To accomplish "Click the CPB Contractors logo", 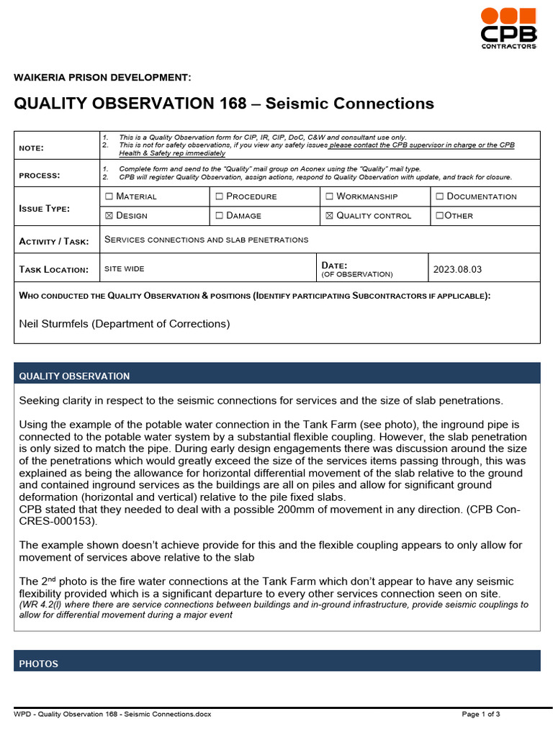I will [x=509, y=29].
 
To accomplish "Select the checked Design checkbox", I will [x=109, y=216].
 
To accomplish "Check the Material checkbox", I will [x=109, y=196].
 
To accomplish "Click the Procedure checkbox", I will [x=220, y=196].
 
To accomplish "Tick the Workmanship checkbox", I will [x=330, y=196].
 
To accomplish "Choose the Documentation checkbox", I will [x=440, y=196].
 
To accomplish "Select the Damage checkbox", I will [x=220, y=216].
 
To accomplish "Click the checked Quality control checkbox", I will [x=330, y=216].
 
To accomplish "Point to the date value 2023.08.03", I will [x=457, y=270].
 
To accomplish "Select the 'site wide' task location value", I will [x=125, y=269].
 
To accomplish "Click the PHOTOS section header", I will [x=39, y=664].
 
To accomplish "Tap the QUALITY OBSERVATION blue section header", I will [x=74, y=376].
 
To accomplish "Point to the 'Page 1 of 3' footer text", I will [x=480, y=714].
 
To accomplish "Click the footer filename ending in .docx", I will [x=112, y=714].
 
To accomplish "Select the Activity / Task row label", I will [x=56, y=241].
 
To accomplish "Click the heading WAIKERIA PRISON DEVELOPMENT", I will [x=102, y=78].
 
